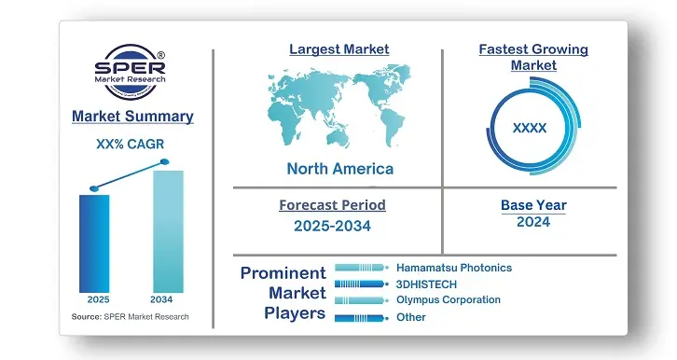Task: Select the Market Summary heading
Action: [132, 117]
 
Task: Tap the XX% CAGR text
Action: [132, 145]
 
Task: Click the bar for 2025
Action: [94, 242]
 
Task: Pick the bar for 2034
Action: [167, 230]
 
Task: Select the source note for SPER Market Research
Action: [130, 318]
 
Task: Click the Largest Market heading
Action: [339, 48]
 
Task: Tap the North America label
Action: [339, 169]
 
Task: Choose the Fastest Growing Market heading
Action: [533, 57]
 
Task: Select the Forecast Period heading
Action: [332, 205]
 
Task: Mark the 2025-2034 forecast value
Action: [332, 226]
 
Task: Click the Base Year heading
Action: [533, 205]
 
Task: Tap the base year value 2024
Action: [533, 222]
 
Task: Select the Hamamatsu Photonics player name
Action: [453, 268]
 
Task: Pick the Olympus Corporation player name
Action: [448, 300]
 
